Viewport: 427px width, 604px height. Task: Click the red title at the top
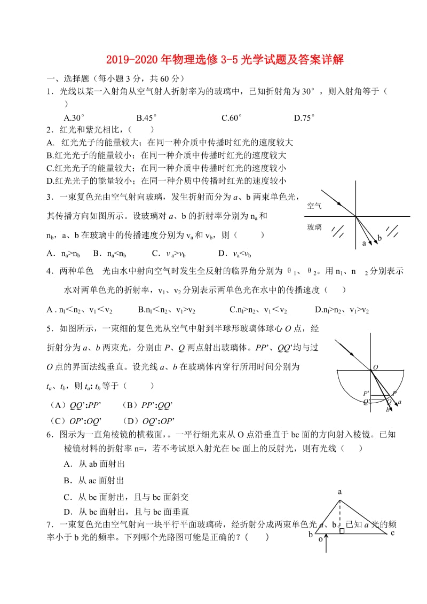[x=213, y=60]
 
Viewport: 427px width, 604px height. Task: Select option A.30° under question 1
[x=74, y=117]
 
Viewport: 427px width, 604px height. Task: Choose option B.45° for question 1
[x=146, y=117]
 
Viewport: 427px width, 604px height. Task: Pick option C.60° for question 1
[x=232, y=117]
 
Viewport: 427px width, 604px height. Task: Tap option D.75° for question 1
[x=304, y=117]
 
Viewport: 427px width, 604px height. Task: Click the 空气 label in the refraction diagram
[x=314, y=205]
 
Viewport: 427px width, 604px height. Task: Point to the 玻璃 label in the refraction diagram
[x=314, y=228]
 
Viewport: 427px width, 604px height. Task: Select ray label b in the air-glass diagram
[x=379, y=238]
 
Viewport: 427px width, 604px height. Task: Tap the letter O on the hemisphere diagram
[x=375, y=367]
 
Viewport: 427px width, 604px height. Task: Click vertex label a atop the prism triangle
[x=339, y=491]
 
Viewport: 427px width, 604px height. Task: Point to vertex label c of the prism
[x=392, y=532]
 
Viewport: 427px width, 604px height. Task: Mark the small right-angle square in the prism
[x=342, y=531]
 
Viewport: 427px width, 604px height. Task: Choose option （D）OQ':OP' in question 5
[x=148, y=420]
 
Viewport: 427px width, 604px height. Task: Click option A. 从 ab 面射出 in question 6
[x=94, y=464]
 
